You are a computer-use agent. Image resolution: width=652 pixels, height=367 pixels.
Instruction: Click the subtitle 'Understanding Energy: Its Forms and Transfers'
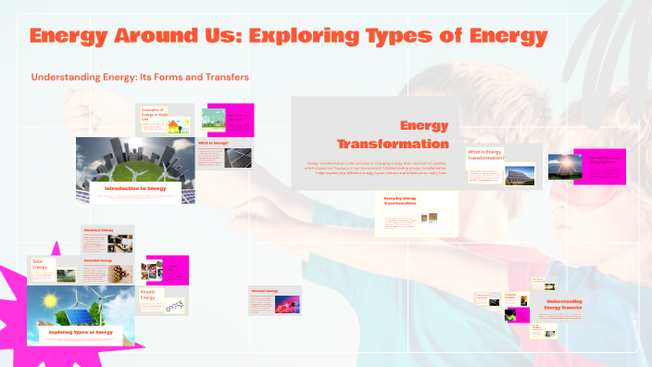pos(140,76)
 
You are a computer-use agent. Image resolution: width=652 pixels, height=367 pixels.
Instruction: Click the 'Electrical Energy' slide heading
pos(98,229)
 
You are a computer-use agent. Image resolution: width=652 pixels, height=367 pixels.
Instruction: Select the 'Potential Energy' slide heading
pos(98,260)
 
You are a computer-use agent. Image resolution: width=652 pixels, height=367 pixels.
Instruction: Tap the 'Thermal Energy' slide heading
pos(264,290)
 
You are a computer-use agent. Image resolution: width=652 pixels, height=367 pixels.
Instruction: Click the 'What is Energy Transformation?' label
pos(485,154)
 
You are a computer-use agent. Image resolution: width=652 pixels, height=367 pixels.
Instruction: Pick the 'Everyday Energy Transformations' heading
pos(402,201)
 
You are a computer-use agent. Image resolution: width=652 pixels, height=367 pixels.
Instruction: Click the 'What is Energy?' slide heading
pos(212,143)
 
